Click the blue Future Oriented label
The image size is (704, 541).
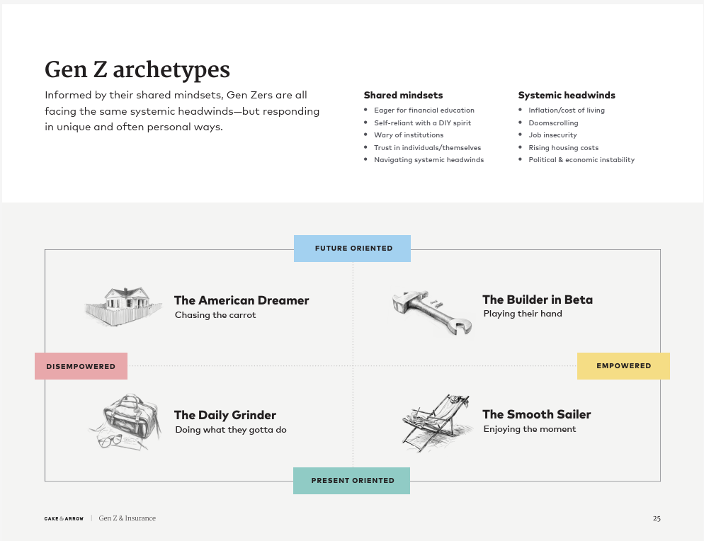coord(352,249)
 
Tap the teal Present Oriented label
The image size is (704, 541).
coord(351,480)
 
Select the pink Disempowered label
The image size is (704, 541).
coord(81,366)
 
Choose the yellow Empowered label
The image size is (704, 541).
coord(623,366)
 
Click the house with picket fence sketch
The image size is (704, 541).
coord(123,306)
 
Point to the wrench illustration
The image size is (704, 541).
coord(432,312)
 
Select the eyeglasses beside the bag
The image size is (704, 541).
coord(110,440)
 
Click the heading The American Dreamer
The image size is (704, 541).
coord(242,300)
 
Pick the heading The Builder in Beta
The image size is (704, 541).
coord(538,300)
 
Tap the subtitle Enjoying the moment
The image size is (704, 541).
coord(529,428)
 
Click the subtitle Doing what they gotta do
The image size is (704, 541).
coord(231,430)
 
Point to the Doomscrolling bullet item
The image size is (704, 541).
coord(553,123)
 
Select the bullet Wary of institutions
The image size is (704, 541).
coord(409,135)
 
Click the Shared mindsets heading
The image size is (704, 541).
coord(403,95)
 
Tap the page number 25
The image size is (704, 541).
coord(657,518)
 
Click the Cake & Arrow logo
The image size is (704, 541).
coord(64,518)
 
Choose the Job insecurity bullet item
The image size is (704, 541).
coord(552,135)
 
